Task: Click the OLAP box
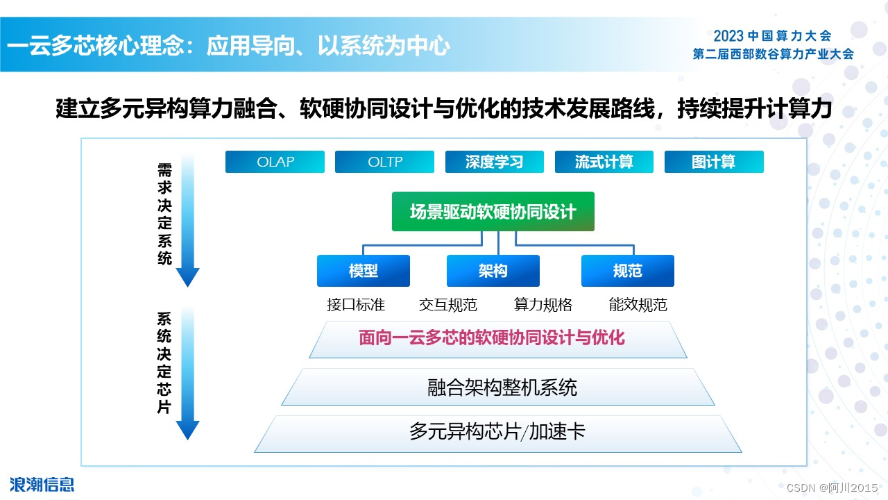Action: tap(275, 162)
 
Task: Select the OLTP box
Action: tap(384, 162)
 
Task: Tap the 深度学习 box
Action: tap(494, 162)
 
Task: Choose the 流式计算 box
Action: tap(604, 162)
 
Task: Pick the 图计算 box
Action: tap(714, 162)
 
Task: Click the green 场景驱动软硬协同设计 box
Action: tap(493, 212)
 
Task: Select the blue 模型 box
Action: tap(363, 271)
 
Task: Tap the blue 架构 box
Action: tap(493, 271)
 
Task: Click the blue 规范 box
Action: tap(627, 271)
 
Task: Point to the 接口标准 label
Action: tap(356, 305)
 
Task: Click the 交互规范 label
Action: tap(448, 305)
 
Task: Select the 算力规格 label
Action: tap(543, 305)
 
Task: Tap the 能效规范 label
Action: tap(638, 305)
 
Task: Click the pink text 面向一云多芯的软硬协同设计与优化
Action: tap(492, 338)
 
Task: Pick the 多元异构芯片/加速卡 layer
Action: tap(497, 432)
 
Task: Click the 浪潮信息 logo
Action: tap(42, 484)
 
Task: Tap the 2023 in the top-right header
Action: tap(728, 35)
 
